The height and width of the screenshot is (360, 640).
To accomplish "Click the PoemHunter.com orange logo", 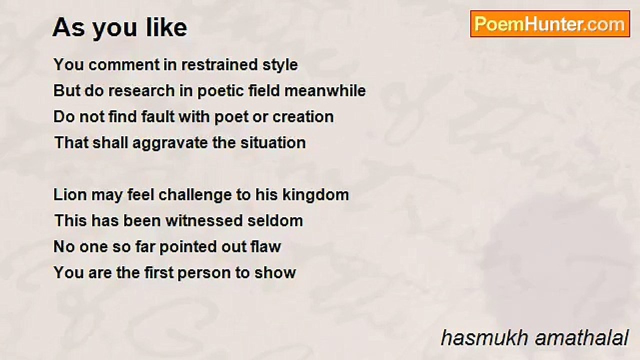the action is [x=550, y=24].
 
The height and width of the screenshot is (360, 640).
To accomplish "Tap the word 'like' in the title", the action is [x=166, y=27].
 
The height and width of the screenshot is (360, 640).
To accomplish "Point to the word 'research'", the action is [x=141, y=90].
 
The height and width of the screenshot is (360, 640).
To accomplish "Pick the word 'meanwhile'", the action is [x=325, y=90].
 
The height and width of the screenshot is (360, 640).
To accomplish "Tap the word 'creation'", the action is [x=303, y=116].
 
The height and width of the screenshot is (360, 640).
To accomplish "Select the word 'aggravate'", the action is [x=170, y=143].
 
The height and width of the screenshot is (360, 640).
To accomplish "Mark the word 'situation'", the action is [x=273, y=142].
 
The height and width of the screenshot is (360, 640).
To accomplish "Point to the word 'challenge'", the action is [x=195, y=195].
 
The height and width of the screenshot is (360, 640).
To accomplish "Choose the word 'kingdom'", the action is [x=315, y=195].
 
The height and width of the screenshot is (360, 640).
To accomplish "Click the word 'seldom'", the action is [x=275, y=220].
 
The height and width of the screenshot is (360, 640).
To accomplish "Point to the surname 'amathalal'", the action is [x=582, y=338].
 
